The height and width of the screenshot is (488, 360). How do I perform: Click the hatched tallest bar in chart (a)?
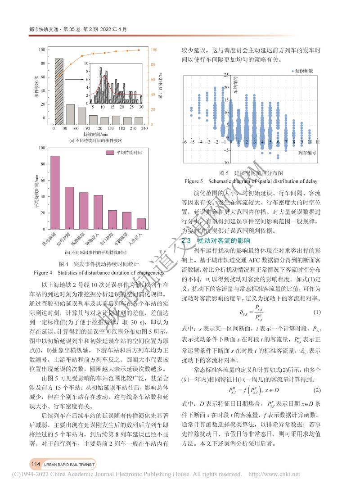tap(59, 90)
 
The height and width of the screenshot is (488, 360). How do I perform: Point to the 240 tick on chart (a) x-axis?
tap(144, 129)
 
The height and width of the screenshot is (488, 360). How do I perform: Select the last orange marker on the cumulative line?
tap(139, 50)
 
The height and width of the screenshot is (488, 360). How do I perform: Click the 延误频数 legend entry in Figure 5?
tap(302, 71)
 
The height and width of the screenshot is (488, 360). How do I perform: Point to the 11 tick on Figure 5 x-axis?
tap(318, 142)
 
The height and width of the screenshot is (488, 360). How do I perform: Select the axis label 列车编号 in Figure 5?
tap(307, 153)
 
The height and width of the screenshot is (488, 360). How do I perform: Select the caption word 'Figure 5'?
tap(194, 181)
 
